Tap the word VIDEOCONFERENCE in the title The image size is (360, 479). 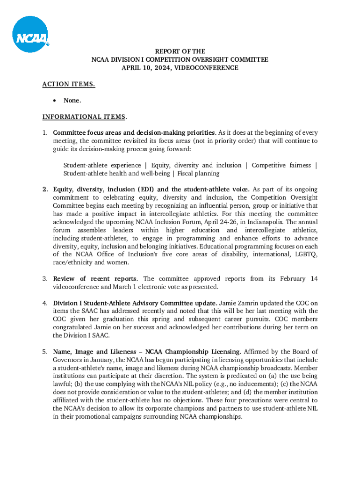point(206,68)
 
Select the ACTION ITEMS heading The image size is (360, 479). point(68,84)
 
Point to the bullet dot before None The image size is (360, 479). point(56,101)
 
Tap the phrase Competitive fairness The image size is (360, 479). point(282,165)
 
